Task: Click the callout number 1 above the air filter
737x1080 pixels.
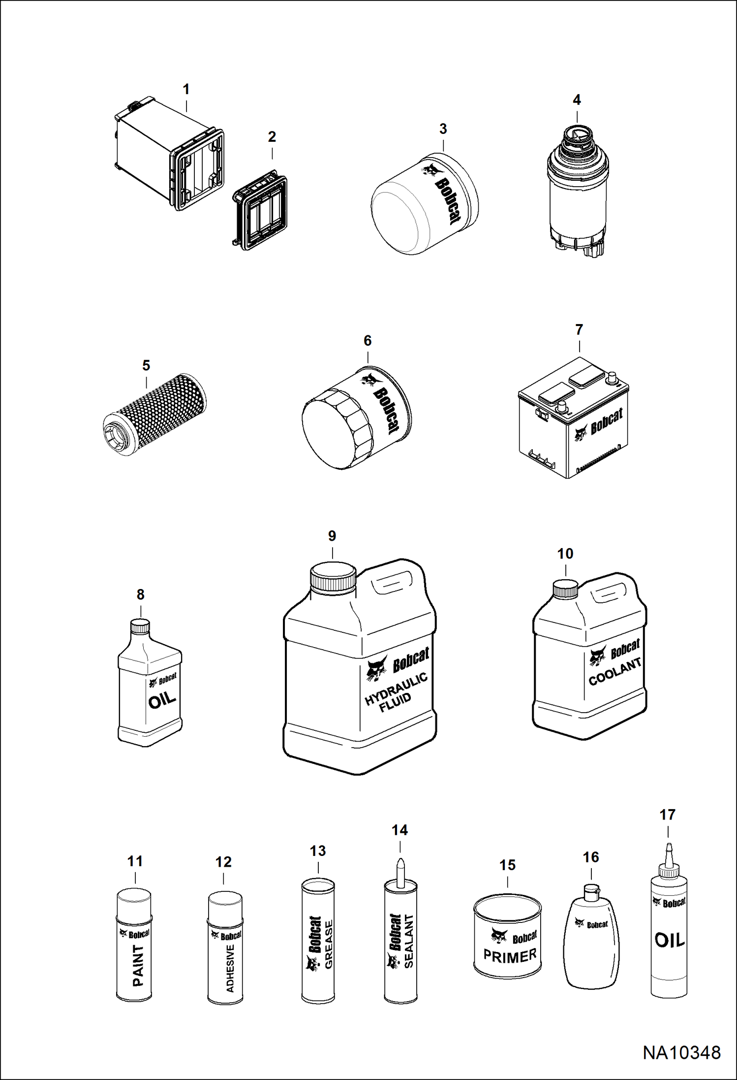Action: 186,89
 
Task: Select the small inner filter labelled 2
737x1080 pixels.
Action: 260,210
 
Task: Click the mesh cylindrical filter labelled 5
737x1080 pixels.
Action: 154,414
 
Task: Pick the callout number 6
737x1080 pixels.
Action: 368,340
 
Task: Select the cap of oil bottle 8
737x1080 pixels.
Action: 140,626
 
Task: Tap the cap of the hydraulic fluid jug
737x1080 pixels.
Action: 333,577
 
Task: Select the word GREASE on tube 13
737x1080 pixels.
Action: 329,945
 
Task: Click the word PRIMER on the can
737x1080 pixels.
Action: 510,956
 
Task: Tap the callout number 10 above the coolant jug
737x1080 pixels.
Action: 565,554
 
